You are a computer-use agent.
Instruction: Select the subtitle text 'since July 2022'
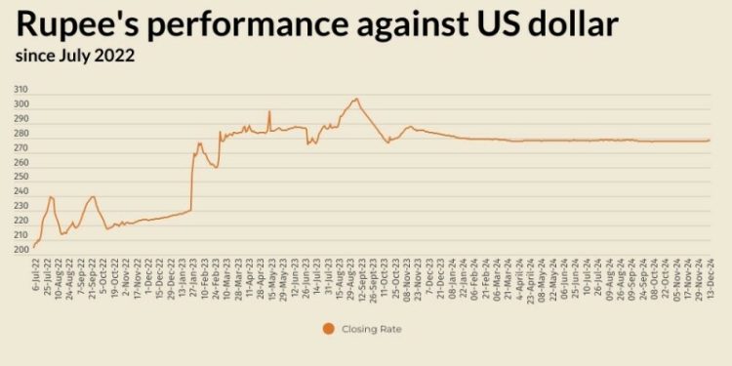point(74,56)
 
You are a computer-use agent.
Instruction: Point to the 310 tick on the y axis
point(20,90)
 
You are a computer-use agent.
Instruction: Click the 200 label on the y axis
point(20,250)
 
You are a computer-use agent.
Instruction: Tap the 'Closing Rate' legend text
point(371,329)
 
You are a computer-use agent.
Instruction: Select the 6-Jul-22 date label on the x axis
point(35,278)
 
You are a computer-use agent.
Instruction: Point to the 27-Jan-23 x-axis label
point(191,280)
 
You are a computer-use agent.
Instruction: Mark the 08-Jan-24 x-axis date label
point(452,280)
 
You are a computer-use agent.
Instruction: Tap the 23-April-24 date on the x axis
point(532,282)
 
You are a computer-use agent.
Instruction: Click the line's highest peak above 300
point(356,99)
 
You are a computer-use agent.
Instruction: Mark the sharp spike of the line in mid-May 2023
point(269,111)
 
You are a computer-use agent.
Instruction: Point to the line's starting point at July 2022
point(33,247)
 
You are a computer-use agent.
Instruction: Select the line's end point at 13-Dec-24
point(710,140)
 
